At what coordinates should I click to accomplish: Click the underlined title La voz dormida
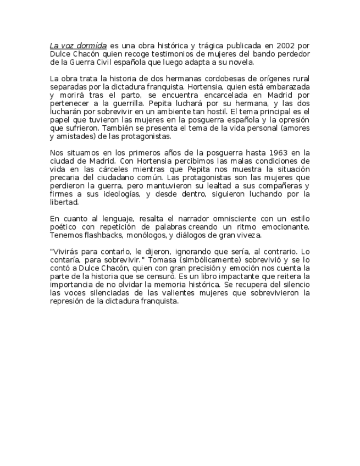pos(77,45)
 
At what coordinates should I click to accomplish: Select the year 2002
pos(284,45)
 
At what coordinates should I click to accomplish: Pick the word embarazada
pos(285,87)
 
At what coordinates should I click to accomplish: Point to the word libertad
pos(64,202)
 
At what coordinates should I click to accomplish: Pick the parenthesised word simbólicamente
pos(221,260)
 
